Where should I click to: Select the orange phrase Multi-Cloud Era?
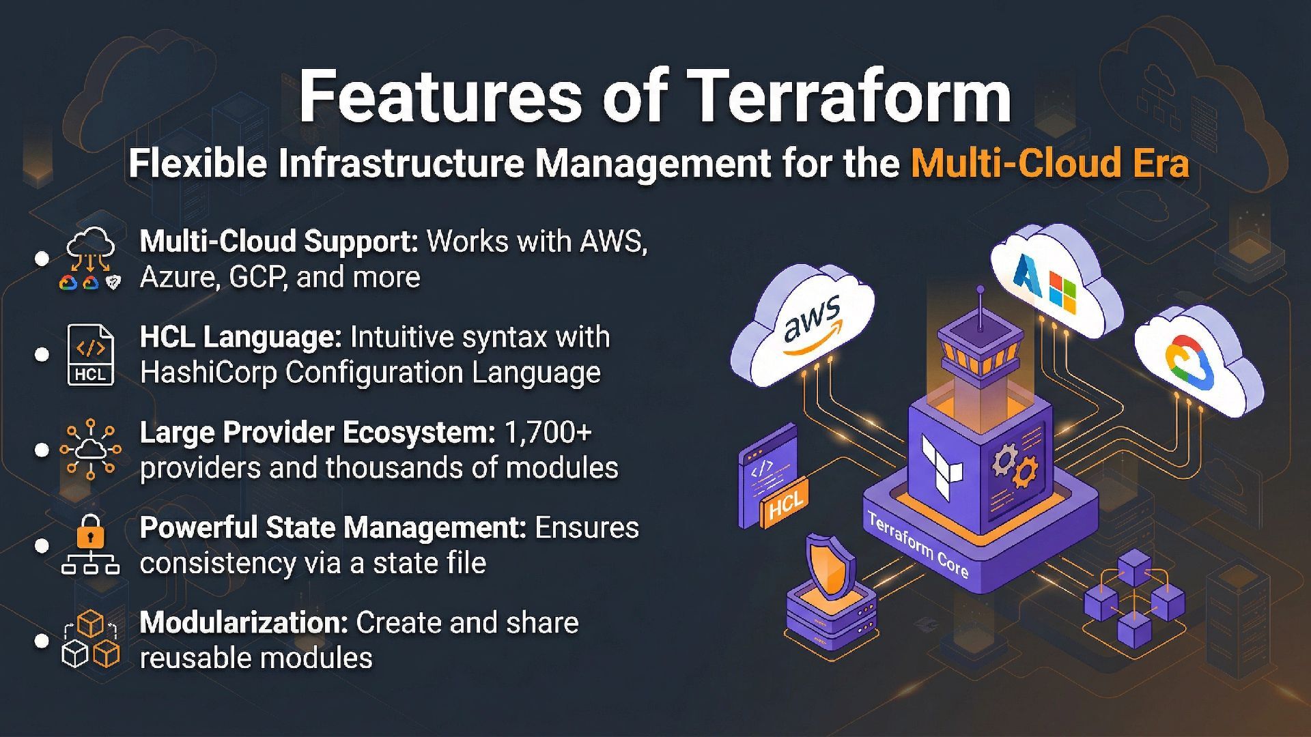tap(1049, 164)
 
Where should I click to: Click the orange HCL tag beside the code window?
tap(785, 506)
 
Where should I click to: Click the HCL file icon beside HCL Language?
tap(90, 355)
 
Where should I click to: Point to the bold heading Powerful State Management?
tap(333, 528)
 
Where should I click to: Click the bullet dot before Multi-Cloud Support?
tap(42, 259)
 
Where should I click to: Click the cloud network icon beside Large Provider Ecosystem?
tap(90, 450)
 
